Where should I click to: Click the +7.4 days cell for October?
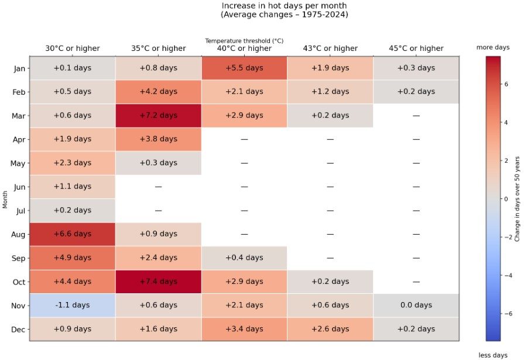click(158, 282)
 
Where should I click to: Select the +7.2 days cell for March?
click(158, 115)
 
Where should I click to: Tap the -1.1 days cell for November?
click(73, 305)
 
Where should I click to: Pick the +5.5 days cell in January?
click(244, 68)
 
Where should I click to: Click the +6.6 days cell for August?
click(73, 234)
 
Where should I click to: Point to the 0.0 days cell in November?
click(416, 305)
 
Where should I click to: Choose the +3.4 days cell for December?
click(244, 329)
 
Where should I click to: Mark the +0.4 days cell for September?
click(244, 258)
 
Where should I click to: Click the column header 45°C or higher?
click(416, 49)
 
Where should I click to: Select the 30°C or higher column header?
click(73, 49)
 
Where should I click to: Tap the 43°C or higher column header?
click(330, 49)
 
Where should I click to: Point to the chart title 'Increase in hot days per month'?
click(284, 6)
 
